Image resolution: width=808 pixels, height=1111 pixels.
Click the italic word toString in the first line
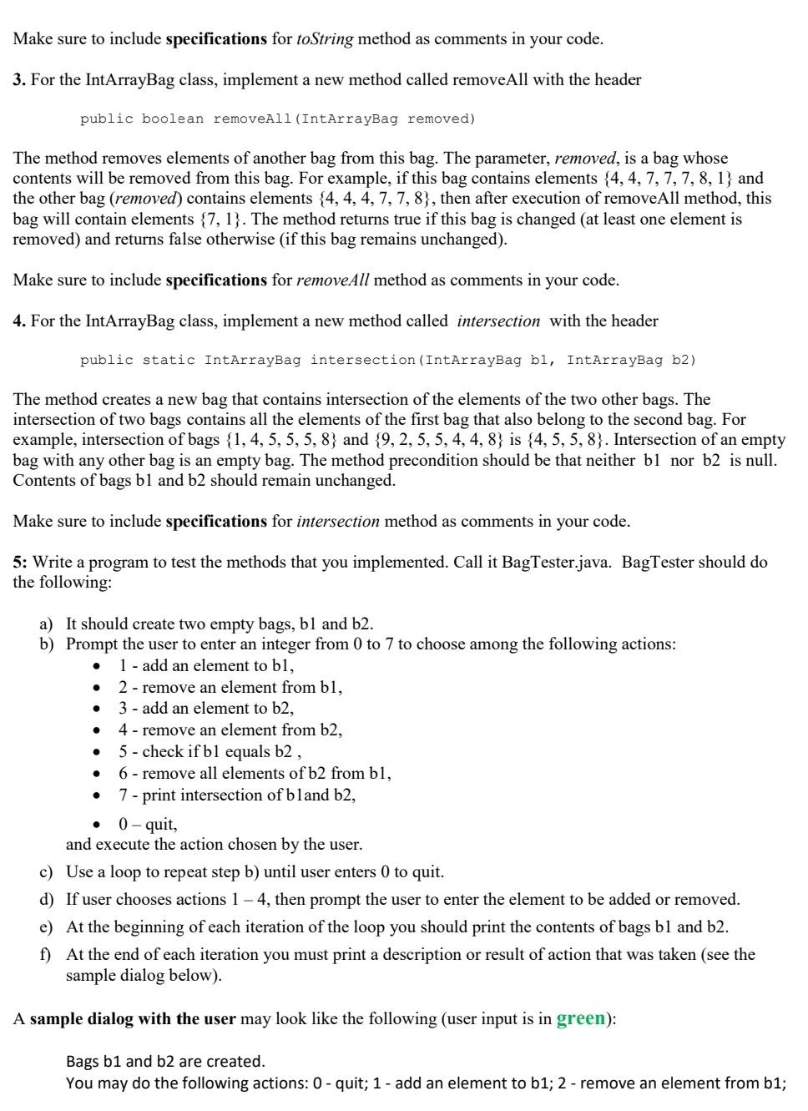point(325,39)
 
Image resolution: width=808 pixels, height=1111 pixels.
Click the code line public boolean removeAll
point(277,119)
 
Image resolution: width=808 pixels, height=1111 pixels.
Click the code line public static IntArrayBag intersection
point(387,361)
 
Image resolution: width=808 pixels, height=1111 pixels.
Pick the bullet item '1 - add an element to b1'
point(205,666)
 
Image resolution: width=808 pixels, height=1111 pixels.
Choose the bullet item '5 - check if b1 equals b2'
point(204,752)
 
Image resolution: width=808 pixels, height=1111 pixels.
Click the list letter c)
point(47,872)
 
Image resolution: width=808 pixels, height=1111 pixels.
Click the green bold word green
point(581,1018)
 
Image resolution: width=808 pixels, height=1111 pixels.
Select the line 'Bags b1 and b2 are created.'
point(165,1062)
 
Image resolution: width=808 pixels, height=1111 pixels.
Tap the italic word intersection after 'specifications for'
point(338,522)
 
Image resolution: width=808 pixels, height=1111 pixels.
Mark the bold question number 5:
point(20,563)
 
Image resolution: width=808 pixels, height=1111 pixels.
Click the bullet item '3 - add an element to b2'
point(205,709)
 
